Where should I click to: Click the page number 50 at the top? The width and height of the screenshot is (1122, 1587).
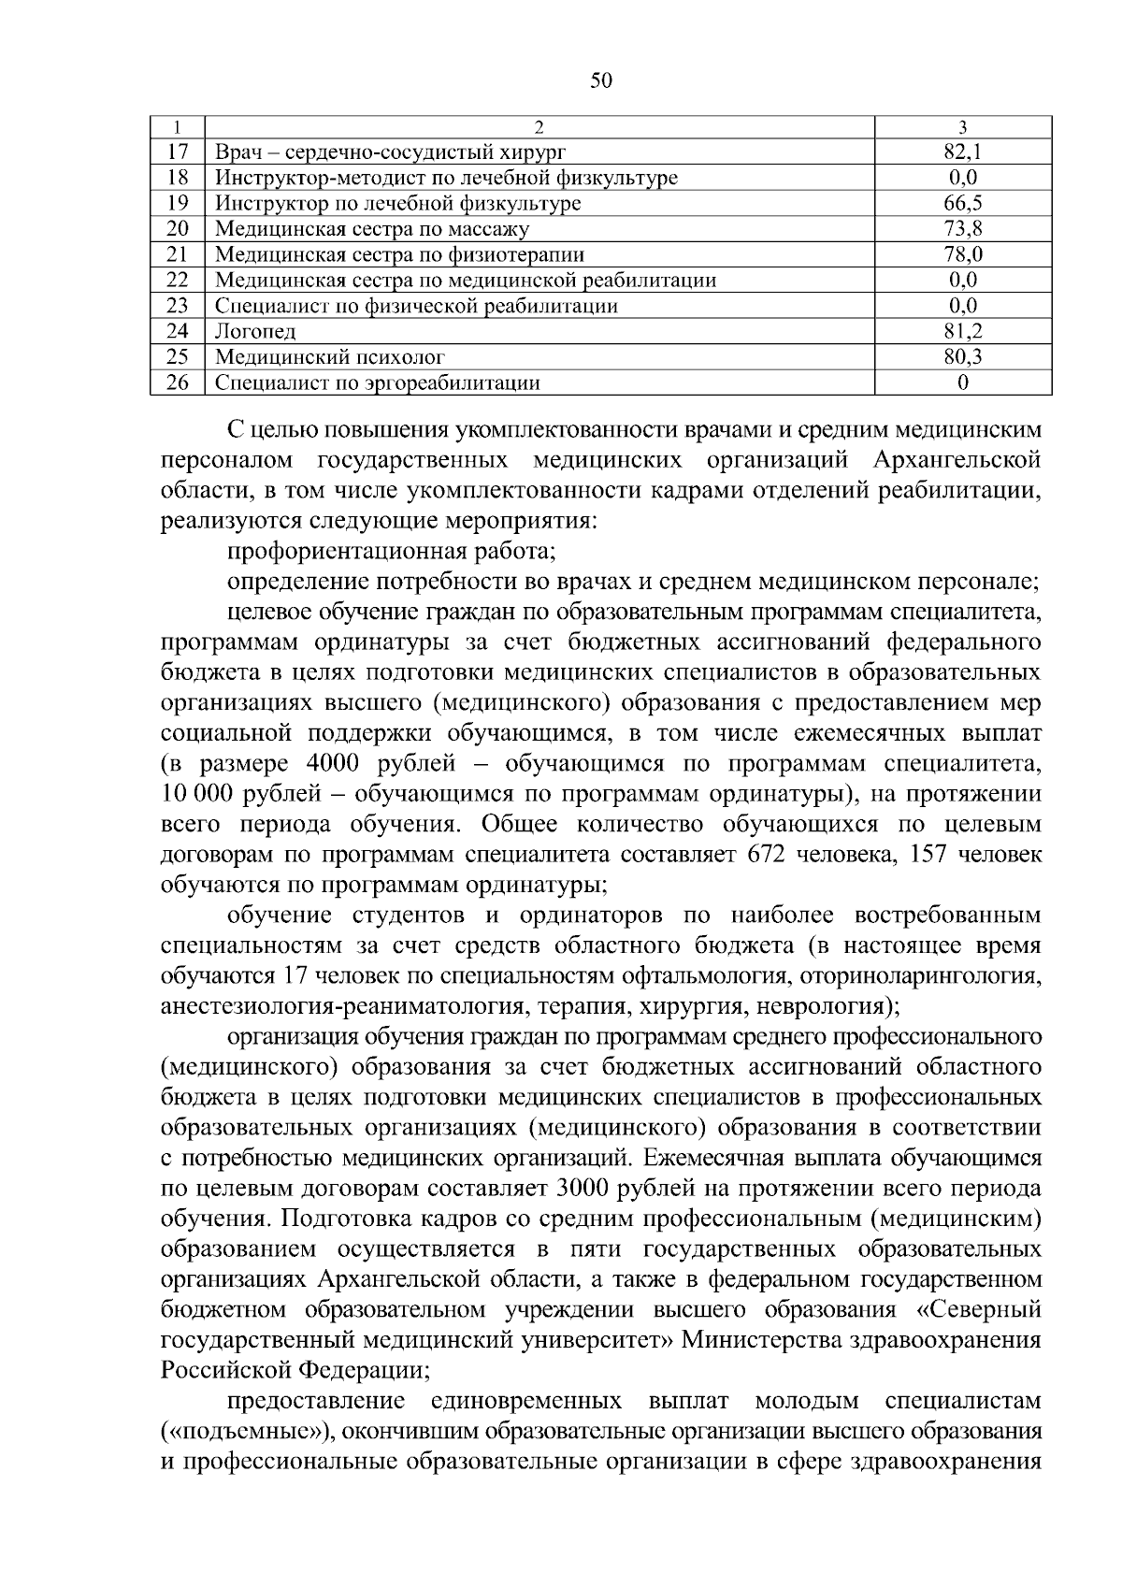pyautogui.click(x=601, y=80)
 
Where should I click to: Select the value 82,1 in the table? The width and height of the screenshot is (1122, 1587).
pyautogui.click(x=962, y=151)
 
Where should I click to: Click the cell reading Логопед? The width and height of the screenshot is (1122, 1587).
pyautogui.click(x=255, y=331)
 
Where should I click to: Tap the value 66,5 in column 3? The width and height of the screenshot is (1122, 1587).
pyautogui.click(x=962, y=203)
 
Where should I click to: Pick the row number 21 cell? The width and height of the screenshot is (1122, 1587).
pyautogui.click(x=178, y=254)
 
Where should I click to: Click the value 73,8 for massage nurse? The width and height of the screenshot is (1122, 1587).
pyautogui.click(x=962, y=228)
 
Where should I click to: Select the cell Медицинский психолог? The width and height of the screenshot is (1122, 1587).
pyautogui.click(x=329, y=356)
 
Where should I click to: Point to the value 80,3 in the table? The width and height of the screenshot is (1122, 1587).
pyautogui.click(x=962, y=356)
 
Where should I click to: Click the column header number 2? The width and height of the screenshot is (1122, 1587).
pyautogui.click(x=539, y=126)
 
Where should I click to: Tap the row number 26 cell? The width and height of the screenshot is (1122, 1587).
pyautogui.click(x=178, y=382)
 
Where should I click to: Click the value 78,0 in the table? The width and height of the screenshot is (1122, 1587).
pyautogui.click(x=962, y=254)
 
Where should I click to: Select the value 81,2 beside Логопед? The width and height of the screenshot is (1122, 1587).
pyautogui.click(x=962, y=331)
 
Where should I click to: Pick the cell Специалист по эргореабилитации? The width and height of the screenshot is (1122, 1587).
pyautogui.click(x=378, y=382)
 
